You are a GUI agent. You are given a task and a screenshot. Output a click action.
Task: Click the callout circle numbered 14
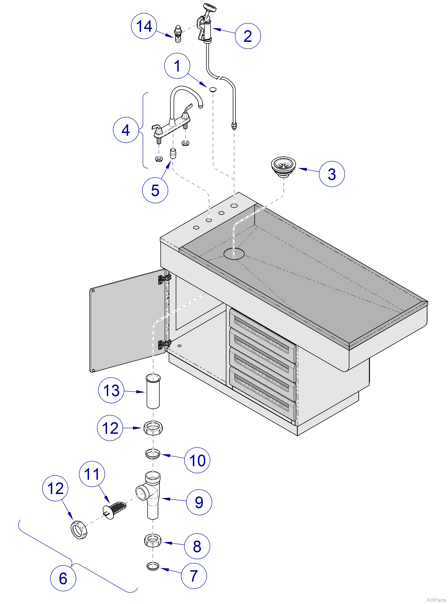[x=144, y=26]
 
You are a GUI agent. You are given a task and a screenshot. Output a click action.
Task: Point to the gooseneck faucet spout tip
[x=201, y=105]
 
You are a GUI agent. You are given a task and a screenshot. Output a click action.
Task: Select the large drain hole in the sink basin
[x=234, y=254]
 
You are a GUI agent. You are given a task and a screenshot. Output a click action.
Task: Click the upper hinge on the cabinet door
[x=165, y=279]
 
